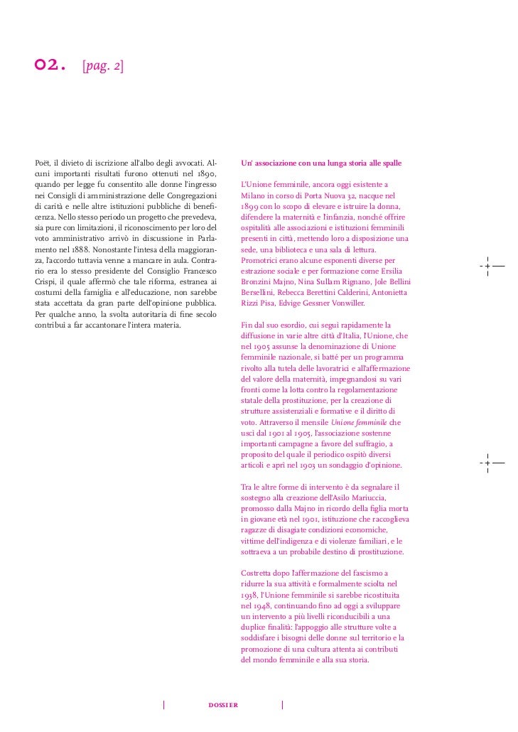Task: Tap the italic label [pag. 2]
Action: point(102,67)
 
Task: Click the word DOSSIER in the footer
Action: point(223,704)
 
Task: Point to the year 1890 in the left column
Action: point(205,173)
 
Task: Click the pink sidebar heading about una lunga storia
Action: point(322,163)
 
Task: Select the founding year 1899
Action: point(253,205)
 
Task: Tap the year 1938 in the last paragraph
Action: point(252,595)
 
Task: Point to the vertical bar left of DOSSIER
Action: point(164,705)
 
